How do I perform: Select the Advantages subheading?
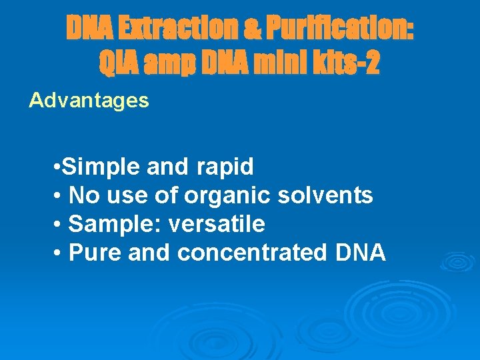89,101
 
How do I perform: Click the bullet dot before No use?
59,196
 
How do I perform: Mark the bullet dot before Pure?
59,253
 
